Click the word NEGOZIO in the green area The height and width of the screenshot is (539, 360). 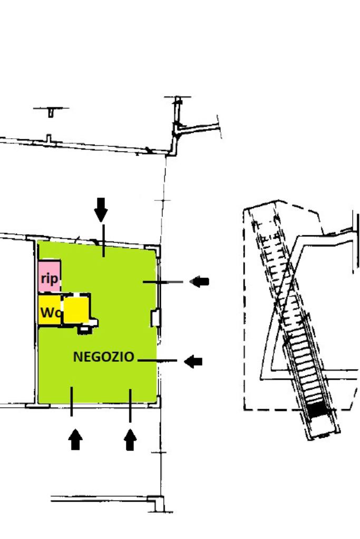(103, 357)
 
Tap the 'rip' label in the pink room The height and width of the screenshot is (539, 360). (49, 279)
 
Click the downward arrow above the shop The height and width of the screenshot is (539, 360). (101, 209)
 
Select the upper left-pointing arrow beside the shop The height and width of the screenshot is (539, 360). (199, 282)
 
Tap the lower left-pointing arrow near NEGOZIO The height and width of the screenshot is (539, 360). (193, 361)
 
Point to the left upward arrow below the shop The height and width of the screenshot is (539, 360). (76, 439)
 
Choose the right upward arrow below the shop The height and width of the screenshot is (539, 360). (130, 439)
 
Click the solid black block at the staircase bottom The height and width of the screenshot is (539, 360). (317, 409)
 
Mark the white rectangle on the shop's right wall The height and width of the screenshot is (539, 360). (155, 318)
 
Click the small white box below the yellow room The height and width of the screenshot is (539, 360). (84, 330)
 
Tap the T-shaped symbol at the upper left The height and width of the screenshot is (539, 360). (51, 111)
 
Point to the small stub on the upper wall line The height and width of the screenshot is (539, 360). (48, 138)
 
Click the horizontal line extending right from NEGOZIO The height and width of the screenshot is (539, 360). (157, 361)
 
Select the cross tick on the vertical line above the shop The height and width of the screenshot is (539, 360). (163, 200)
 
